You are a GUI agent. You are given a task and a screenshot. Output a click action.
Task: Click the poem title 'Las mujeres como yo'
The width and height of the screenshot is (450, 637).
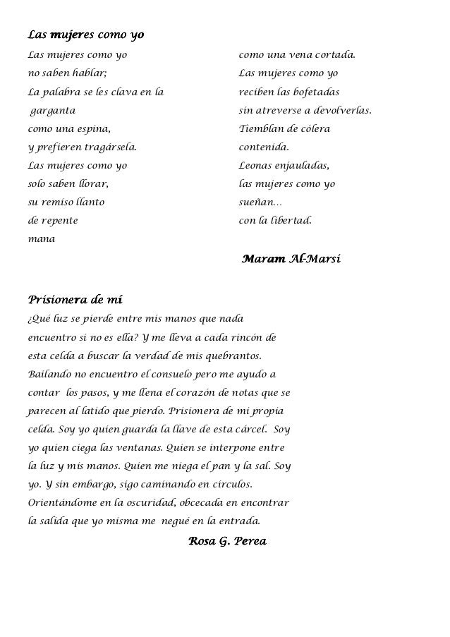click(x=85, y=35)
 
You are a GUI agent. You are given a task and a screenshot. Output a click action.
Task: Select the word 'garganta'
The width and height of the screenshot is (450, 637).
click(x=53, y=111)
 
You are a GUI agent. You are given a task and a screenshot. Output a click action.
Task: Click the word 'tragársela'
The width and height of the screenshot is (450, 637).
click(x=111, y=147)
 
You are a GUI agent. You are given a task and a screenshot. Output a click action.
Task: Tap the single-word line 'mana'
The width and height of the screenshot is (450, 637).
click(x=41, y=239)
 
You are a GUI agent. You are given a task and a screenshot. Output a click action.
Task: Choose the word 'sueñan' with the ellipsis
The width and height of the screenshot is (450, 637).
click(x=260, y=202)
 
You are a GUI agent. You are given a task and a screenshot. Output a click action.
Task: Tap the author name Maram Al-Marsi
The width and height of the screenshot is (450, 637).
click(x=291, y=259)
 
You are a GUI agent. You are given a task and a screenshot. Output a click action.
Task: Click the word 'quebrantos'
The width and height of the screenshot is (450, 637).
click(x=236, y=356)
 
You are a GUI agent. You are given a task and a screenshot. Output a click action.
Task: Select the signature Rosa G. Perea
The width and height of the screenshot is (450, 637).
click(x=227, y=541)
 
